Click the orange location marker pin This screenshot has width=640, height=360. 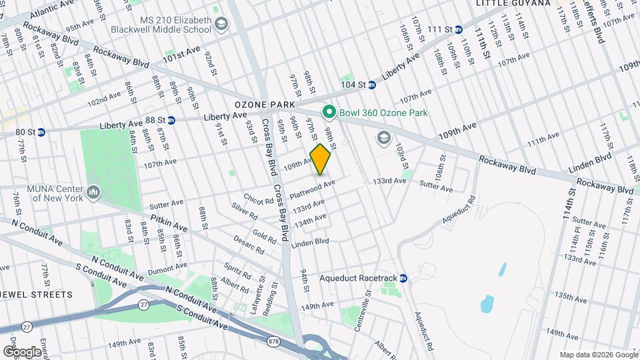[321, 159]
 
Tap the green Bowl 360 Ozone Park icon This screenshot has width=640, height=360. [328, 112]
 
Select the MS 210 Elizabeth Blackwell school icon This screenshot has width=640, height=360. [221, 26]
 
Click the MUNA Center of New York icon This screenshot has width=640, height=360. [93, 193]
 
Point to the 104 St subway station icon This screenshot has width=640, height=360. [372, 85]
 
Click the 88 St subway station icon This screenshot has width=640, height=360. [171, 121]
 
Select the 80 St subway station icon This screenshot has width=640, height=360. [40, 132]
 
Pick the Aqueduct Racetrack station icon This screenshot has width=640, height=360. [403, 278]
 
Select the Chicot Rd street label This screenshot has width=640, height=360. [258, 199]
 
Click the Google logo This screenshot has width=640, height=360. [22, 351]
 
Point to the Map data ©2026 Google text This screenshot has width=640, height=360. [598, 355]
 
